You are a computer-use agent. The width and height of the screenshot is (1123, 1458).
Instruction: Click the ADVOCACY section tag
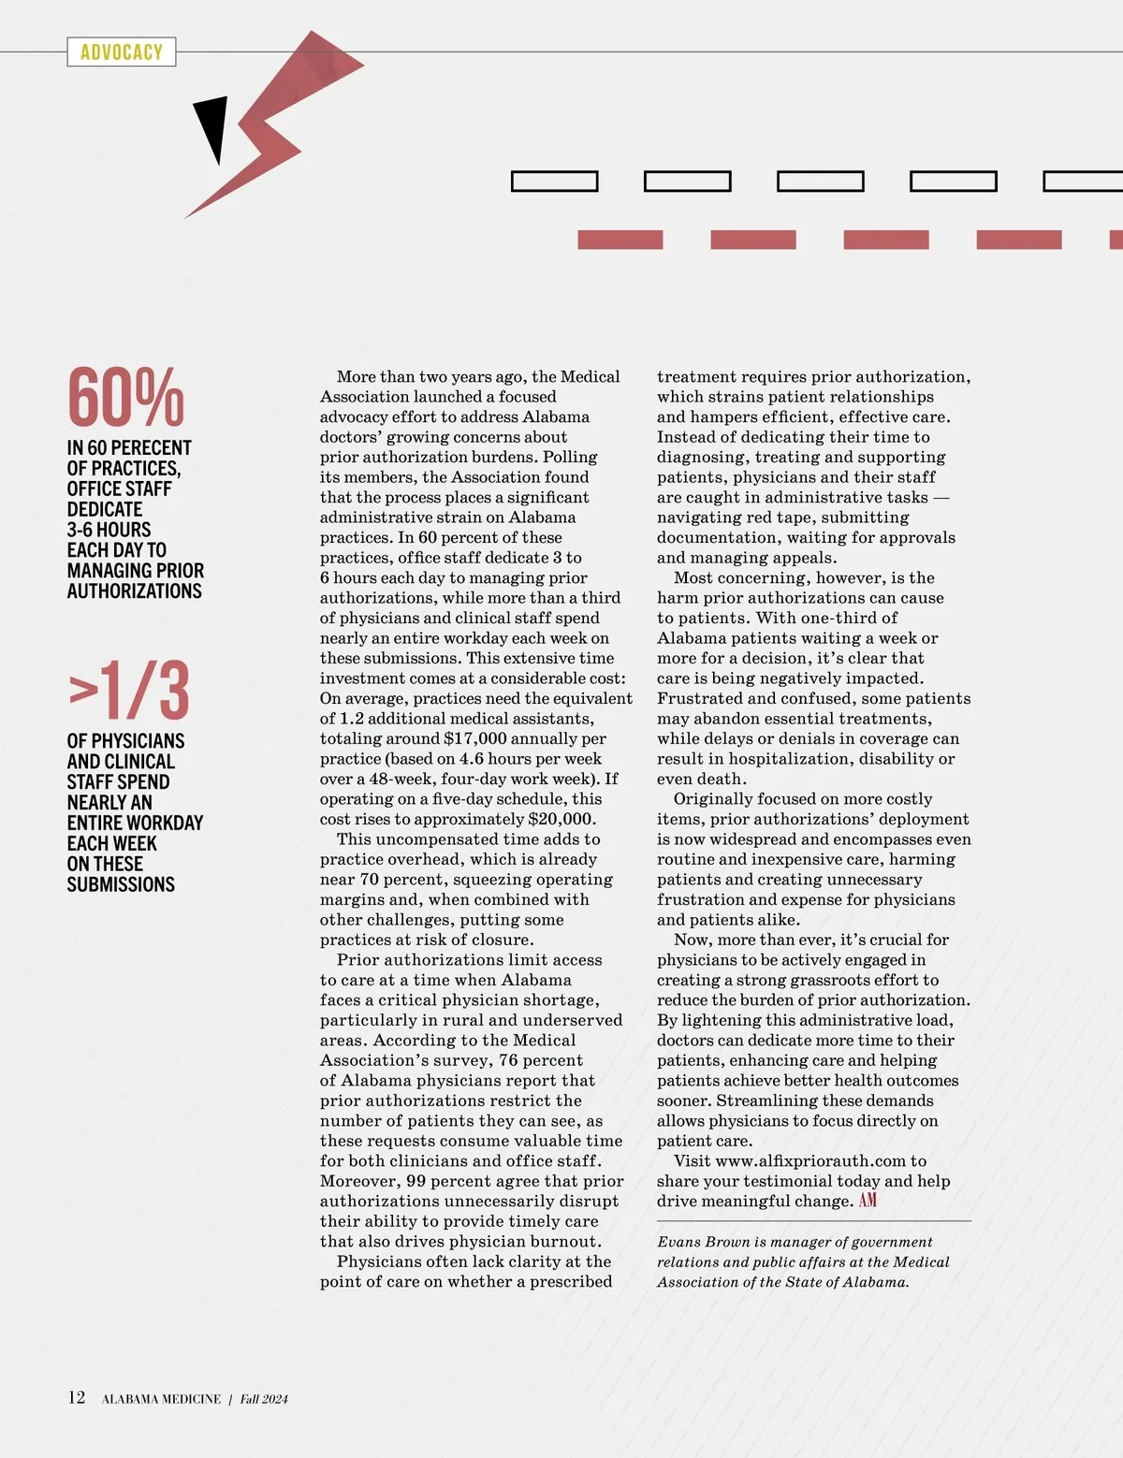122,52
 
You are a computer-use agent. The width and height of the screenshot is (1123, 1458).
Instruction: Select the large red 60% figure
125,398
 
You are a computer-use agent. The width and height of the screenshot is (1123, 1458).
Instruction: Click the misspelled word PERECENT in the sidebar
152,448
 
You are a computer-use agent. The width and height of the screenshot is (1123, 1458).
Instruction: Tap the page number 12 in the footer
77,1398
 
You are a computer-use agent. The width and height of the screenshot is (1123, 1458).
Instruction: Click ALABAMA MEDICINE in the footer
161,1399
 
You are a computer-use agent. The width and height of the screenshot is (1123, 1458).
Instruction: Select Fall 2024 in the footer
264,1399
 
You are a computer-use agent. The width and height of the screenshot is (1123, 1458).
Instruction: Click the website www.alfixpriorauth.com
810,1161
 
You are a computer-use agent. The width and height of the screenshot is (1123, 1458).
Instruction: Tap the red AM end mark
868,1201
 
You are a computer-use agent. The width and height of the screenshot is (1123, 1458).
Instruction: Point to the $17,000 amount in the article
475,738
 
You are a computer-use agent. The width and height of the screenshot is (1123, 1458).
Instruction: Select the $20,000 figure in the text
561,819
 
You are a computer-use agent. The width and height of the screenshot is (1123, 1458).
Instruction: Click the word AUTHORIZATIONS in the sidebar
135,591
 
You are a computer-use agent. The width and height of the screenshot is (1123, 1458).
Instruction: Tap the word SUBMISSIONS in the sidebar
121,884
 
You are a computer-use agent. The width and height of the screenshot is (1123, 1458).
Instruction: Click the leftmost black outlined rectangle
554,182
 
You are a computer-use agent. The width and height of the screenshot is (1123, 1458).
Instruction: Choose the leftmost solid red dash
620,240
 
